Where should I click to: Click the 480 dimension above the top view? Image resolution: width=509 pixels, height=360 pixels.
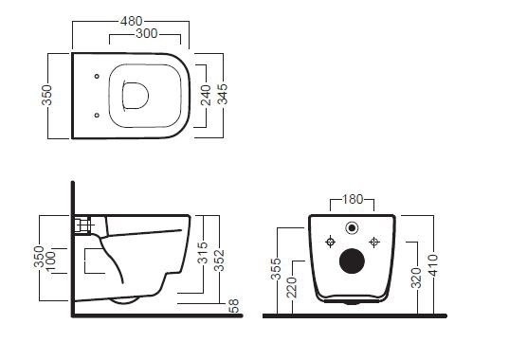[x=132, y=22]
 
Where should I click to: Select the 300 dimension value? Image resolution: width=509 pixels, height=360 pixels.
[x=147, y=33]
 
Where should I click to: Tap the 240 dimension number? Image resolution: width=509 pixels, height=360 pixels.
[x=206, y=95]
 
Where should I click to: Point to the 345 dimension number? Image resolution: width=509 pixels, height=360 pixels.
[x=223, y=94]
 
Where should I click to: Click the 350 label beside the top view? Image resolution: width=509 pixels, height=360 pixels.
[x=46, y=95]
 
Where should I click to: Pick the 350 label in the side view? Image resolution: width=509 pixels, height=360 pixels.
[x=39, y=257]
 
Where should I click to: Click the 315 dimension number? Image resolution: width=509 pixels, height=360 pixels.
[x=203, y=253]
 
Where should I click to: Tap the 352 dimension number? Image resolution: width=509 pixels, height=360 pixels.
[x=220, y=261]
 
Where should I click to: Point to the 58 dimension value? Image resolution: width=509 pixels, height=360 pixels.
[x=234, y=306]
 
